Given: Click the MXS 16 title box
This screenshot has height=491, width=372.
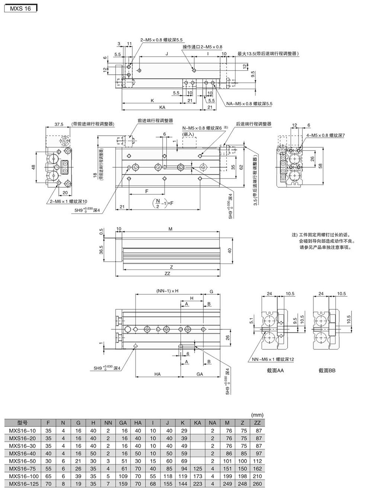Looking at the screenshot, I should pos(20,8).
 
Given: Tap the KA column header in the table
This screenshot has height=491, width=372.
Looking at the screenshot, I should pos(198,423).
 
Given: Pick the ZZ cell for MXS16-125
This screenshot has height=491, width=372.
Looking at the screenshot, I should pos(257,484).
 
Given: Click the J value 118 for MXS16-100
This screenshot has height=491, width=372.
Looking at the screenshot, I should pos(168,477).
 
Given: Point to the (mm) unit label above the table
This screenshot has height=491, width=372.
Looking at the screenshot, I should pos(257,415).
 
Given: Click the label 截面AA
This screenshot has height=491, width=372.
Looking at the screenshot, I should pos(275,370).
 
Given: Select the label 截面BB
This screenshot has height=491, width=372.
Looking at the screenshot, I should pos(327,370).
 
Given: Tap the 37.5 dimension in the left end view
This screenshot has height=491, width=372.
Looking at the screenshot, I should pos(59,125).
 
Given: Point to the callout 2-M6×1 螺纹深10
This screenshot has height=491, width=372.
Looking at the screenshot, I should pos(69,201).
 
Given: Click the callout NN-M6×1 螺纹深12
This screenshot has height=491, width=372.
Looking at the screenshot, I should pos(273,359).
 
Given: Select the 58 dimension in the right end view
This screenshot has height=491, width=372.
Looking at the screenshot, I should pos(320,164).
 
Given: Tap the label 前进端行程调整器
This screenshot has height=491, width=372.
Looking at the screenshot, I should pos(155,121).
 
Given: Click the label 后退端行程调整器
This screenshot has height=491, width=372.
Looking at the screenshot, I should pos(253,124).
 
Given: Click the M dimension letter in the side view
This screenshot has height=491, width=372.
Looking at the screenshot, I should pos(170,229).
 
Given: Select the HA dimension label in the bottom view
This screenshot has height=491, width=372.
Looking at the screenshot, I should pos(157,374).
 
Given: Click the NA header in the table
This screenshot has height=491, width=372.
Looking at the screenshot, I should pos(212,423).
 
